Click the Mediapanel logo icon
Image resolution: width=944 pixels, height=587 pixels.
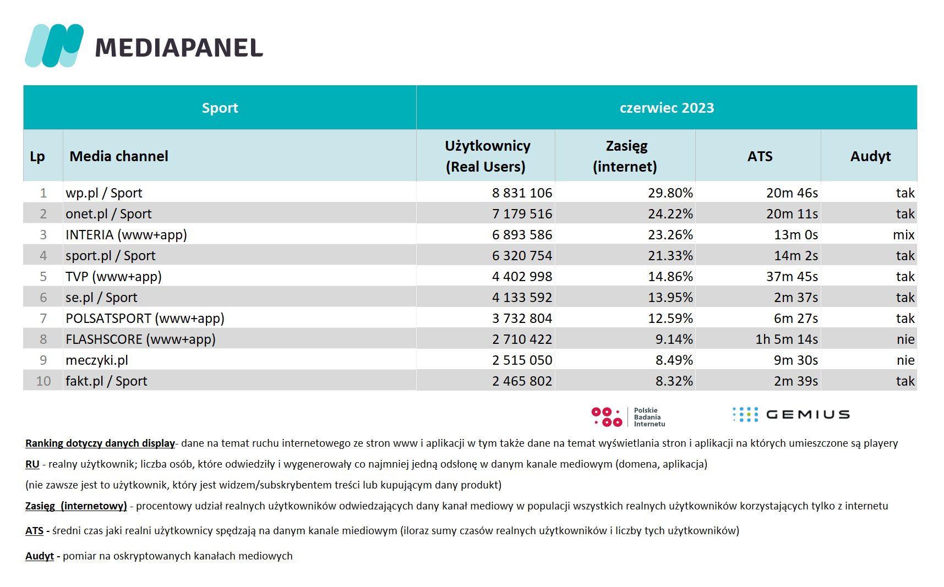coord(54,46)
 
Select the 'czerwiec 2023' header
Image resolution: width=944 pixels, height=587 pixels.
coord(667,108)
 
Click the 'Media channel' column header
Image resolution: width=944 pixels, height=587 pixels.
coord(119,156)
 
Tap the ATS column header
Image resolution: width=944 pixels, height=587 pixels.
coord(760,156)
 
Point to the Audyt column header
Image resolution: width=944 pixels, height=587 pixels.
coord(870,157)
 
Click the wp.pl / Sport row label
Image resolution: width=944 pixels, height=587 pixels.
coord(104,193)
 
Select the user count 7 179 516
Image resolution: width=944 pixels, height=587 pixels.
coord(522,214)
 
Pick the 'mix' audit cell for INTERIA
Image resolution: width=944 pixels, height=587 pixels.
coord(903,235)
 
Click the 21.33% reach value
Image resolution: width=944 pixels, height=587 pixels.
coord(670,256)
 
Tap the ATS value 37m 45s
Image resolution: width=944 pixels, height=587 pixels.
coord(792,277)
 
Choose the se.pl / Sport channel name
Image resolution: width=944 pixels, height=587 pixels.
coord(101,298)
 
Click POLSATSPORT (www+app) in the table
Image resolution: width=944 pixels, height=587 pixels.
coord(145,319)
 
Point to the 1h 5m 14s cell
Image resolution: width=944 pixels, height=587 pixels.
coord(787,339)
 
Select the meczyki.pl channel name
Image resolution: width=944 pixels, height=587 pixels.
coord(97,360)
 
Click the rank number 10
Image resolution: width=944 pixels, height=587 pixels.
coord(43,381)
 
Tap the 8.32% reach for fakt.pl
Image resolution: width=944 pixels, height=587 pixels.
coord(674,381)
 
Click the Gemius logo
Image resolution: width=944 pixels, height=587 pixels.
coord(791,414)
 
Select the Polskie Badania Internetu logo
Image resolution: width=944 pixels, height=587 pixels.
coord(628,417)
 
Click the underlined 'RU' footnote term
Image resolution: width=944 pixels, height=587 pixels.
coord(32,464)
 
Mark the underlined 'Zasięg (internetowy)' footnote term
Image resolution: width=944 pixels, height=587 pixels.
coord(76,506)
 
